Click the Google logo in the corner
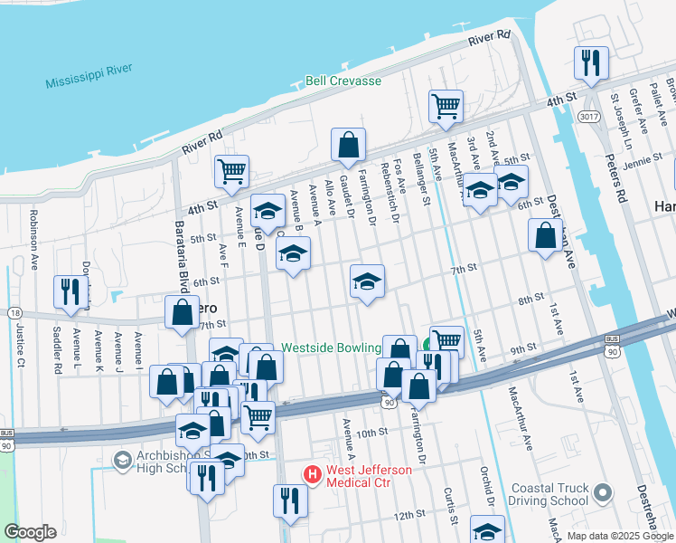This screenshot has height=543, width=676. [x=30, y=532]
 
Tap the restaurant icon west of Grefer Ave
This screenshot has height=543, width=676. [x=591, y=62]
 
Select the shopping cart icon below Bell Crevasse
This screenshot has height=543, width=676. [x=446, y=106]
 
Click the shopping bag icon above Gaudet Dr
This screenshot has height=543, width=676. [x=348, y=144]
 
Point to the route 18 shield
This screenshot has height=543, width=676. [x=16, y=312]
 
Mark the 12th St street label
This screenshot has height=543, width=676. [x=409, y=514]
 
